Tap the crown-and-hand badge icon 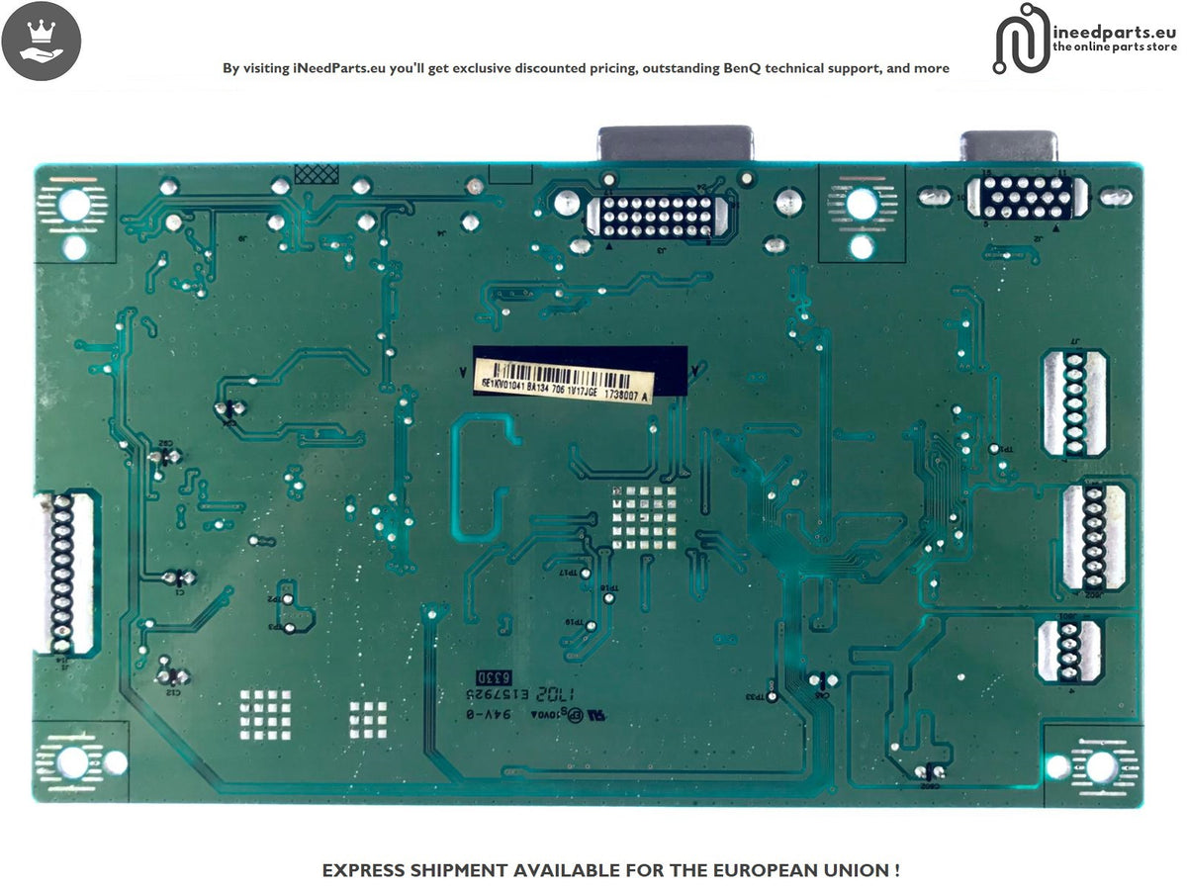[x=41, y=41]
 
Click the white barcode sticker [x=564, y=382]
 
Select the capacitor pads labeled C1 [x=178, y=578]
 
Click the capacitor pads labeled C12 [x=174, y=676]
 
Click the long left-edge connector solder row [x=64, y=574]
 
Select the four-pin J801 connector [x=1067, y=650]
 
